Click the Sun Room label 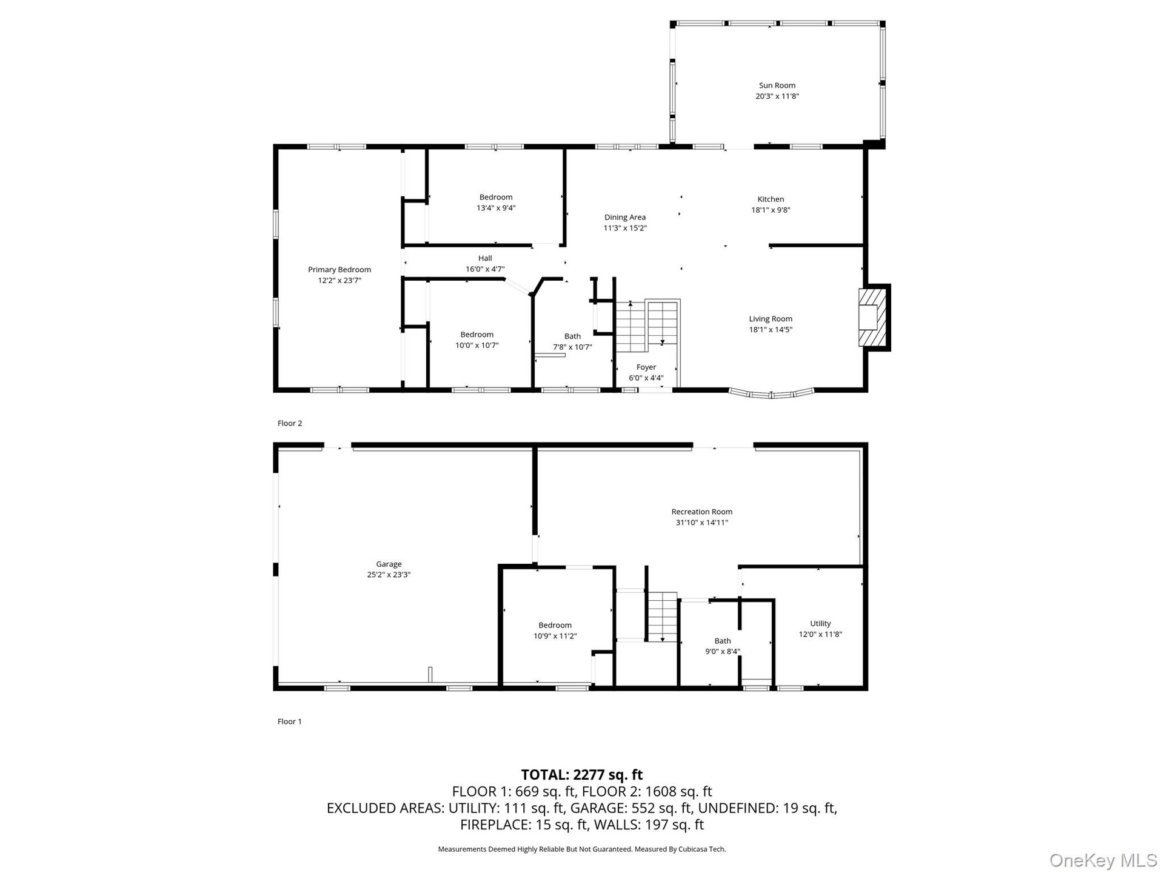pyautogui.click(x=777, y=85)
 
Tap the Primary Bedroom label pyautogui.click(x=339, y=270)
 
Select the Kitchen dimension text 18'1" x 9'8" pyautogui.click(x=771, y=210)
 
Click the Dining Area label pyautogui.click(x=624, y=218)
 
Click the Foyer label pyautogui.click(x=646, y=367)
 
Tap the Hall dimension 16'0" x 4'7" pyautogui.click(x=485, y=269)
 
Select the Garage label pyautogui.click(x=389, y=564)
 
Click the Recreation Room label pyautogui.click(x=702, y=512)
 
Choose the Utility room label pyautogui.click(x=820, y=624)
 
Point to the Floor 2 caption pyautogui.click(x=290, y=423)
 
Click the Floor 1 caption pyautogui.click(x=290, y=721)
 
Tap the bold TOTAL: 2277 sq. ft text pyautogui.click(x=582, y=775)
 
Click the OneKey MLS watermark pyautogui.click(x=1103, y=860)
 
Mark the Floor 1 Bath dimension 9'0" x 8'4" pyautogui.click(x=723, y=652)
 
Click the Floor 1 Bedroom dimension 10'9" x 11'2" pyautogui.click(x=555, y=637)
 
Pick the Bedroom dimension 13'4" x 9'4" pyautogui.click(x=496, y=208)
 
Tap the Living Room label pyautogui.click(x=771, y=319)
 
